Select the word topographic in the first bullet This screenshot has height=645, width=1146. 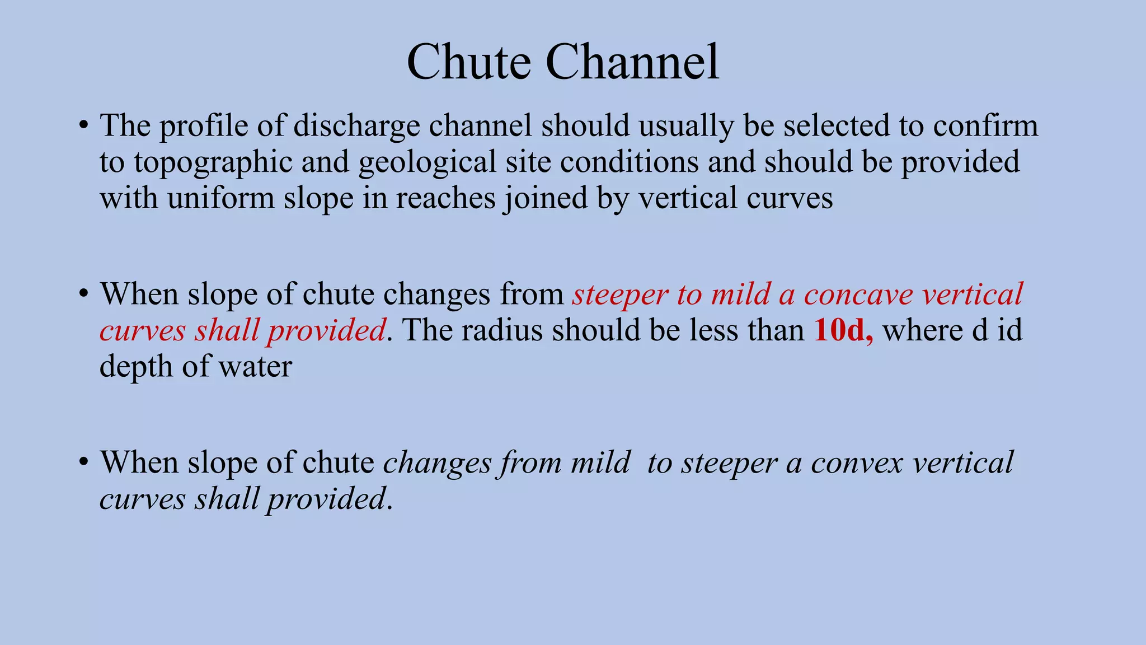213,162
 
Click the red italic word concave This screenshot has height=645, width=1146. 858,294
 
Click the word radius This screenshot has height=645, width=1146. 502,330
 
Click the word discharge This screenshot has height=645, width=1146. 356,126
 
